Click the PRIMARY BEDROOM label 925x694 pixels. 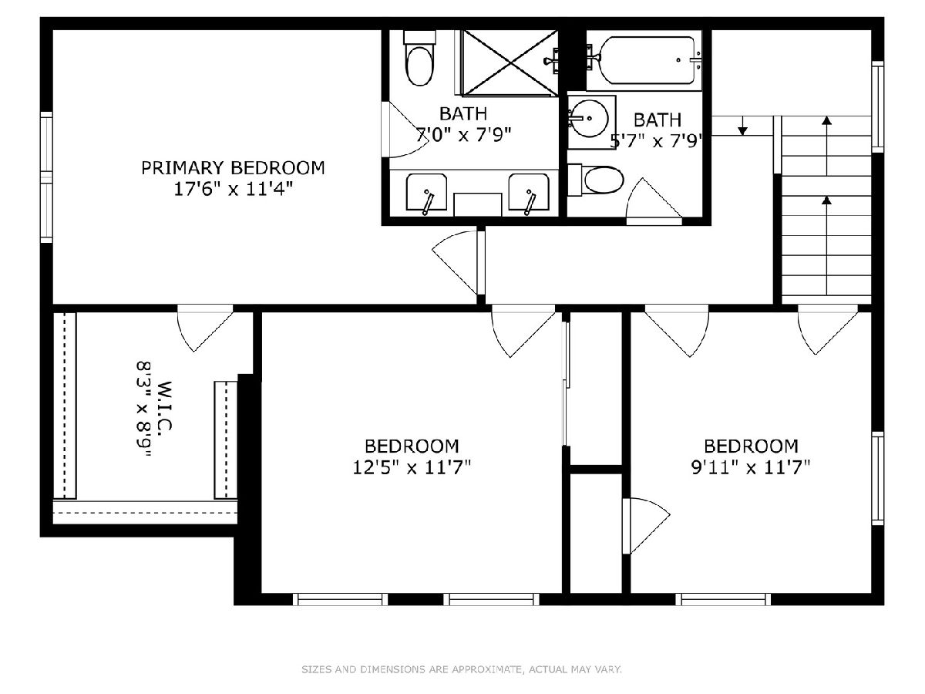point(233,168)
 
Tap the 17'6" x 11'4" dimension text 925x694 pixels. point(233,189)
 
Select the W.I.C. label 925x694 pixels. point(164,406)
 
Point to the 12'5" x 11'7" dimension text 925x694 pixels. point(412,467)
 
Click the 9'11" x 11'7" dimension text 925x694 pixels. point(751,467)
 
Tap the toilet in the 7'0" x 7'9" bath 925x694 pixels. point(420,59)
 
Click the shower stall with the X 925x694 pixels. point(510,62)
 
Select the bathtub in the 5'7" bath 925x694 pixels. point(647,60)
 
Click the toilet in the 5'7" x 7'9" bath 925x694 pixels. point(596,180)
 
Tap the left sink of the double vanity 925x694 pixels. point(426,192)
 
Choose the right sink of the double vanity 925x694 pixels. point(529,192)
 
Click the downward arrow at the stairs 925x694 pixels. point(742,126)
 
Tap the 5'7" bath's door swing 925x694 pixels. point(654,201)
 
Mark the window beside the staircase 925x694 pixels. point(877,106)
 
